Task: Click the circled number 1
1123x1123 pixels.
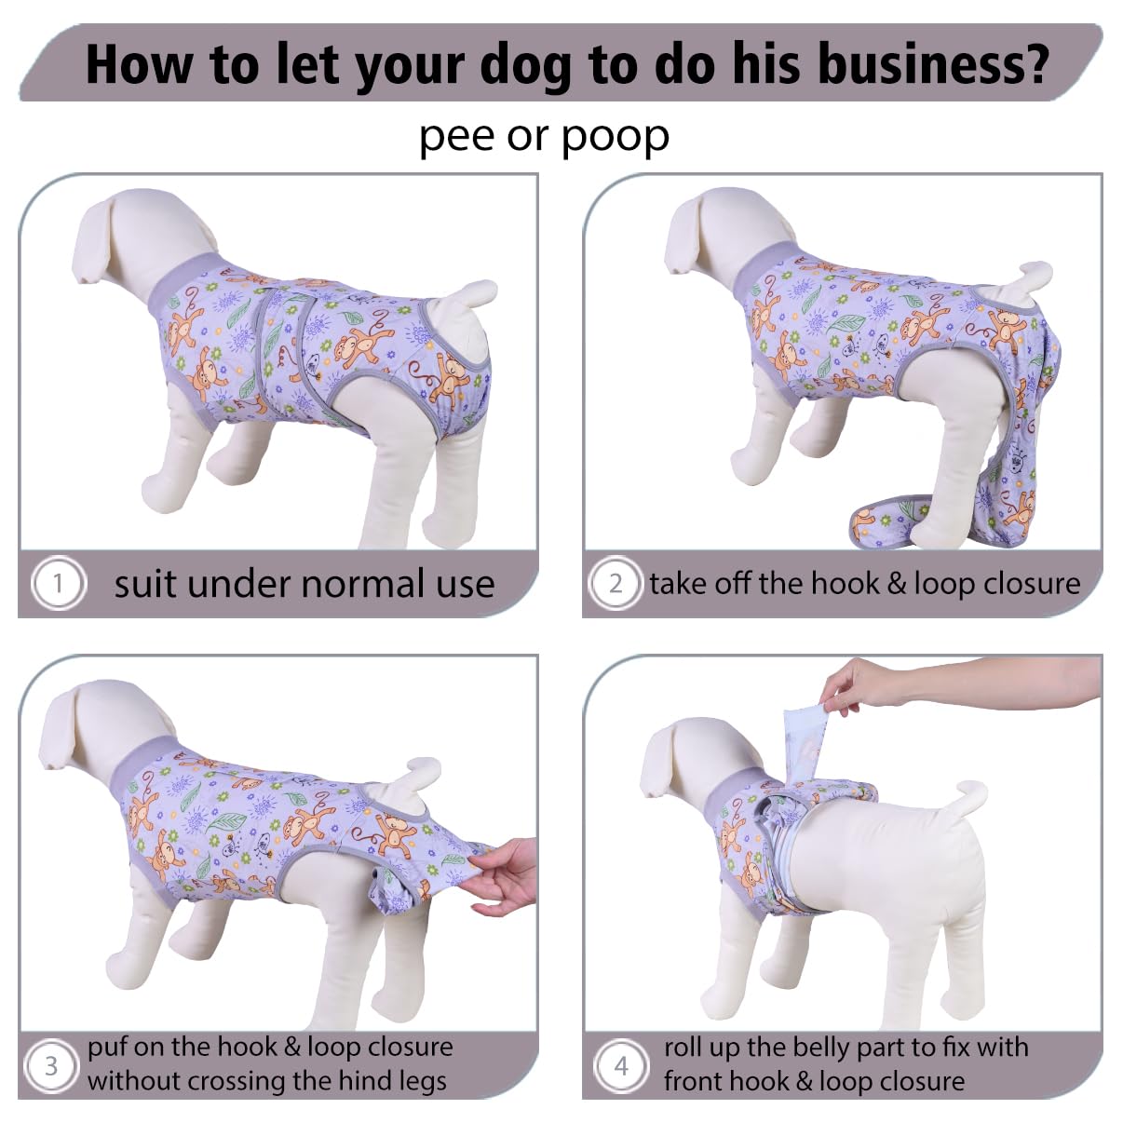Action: coord(58,583)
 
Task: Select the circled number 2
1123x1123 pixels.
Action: coord(616,583)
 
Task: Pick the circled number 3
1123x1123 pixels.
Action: coord(50,1066)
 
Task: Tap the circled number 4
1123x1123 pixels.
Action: coord(621,1066)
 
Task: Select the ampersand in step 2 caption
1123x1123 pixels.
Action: coord(900,584)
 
